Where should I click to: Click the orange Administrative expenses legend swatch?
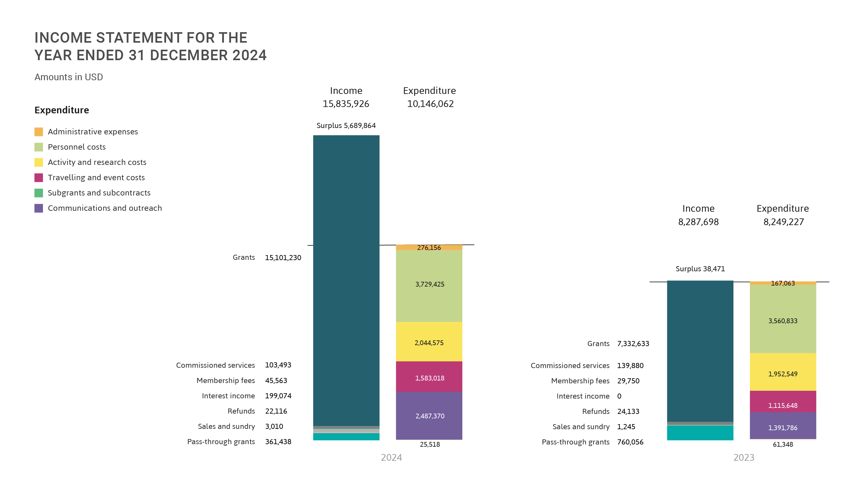coord(39,131)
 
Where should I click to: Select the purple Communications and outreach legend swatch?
coord(39,208)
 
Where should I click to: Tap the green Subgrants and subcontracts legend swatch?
coord(39,193)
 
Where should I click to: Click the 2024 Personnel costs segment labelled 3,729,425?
coord(429,295)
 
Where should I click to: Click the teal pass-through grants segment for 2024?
coord(346,437)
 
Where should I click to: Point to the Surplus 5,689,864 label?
coord(346,125)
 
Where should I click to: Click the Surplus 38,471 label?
coord(700,269)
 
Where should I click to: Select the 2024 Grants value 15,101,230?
coord(283,258)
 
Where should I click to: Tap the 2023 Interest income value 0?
coord(619,396)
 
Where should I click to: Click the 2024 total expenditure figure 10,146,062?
coord(430,104)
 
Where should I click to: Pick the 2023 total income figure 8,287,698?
coord(698,222)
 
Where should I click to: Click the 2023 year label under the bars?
coord(744,458)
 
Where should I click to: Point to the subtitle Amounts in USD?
coord(69,77)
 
